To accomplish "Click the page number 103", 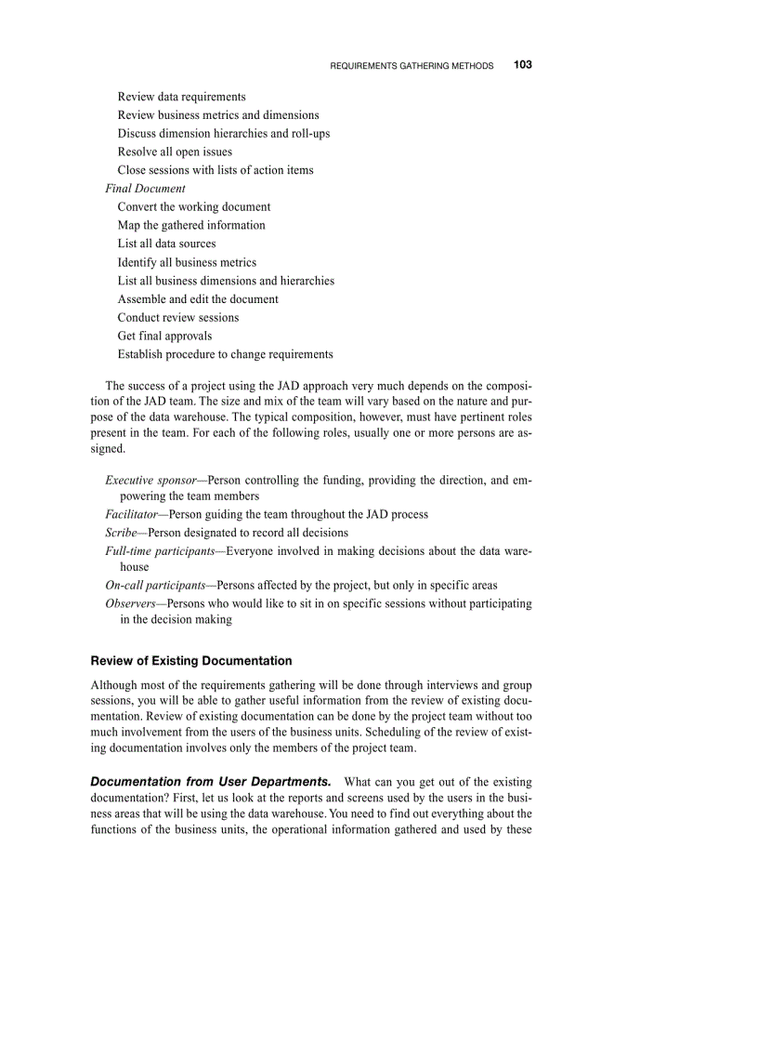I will click(x=522, y=65).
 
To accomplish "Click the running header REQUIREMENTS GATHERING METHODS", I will click(x=412, y=66).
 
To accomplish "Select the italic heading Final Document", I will click(x=145, y=189).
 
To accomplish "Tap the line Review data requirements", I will click(x=181, y=97).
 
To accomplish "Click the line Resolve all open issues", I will click(x=175, y=152).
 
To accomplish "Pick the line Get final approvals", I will click(x=164, y=336).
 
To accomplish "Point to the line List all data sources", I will click(x=166, y=244).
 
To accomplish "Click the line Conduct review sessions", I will click(x=177, y=317).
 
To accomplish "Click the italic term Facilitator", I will click(x=131, y=514).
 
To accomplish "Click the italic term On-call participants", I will click(x=154, y=586).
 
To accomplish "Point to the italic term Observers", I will click(x=130, y=603).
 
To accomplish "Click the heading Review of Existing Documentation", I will click(x=190, y=661).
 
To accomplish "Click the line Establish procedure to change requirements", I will click(x=225, y=354).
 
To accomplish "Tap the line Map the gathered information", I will click(x=191, y=225).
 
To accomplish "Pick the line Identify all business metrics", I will click(x=187, y=262).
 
